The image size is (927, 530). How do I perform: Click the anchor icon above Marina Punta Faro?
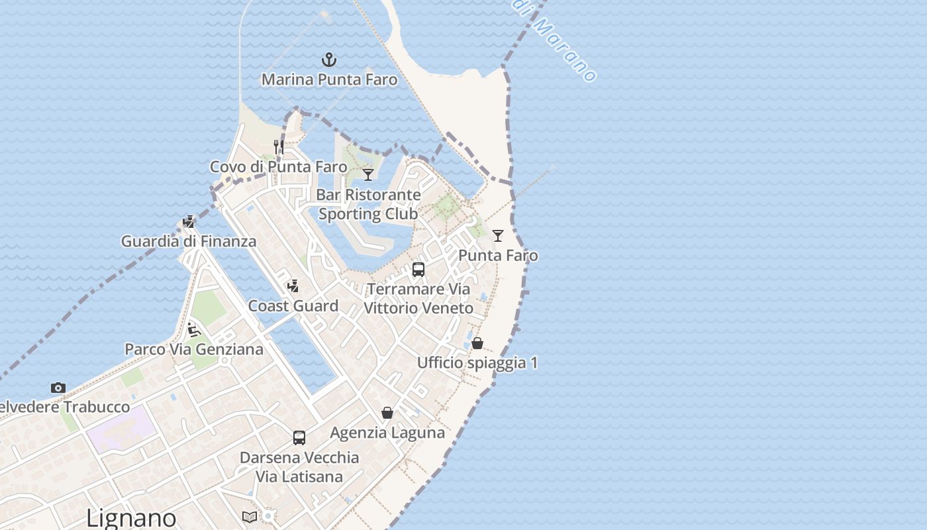[x=329, y=60]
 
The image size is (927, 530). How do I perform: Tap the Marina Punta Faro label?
[x=329, y=79]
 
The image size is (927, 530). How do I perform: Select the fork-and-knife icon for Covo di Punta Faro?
[x=279, y=147]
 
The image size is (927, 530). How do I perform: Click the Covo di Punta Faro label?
[x=278, y=167]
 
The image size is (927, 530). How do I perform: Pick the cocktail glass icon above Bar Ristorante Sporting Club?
[x=368, y=175]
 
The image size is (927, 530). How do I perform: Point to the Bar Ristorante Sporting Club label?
[x=368, y=204]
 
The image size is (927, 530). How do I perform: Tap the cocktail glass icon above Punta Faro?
[x=498, y=236]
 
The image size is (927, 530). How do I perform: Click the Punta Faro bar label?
[x=498, y=256]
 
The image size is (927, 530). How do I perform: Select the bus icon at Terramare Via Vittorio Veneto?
[x=418, y=270]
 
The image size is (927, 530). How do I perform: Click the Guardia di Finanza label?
[x=188, y=241]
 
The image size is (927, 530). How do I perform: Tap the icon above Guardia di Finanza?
[x=189, y=222]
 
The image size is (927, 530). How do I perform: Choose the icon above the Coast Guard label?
[x=293, y=286]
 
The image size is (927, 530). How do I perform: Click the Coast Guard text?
[x=293, y=306]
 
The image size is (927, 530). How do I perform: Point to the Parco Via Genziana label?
[x=194, y=349]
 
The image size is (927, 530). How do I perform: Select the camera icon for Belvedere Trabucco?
[x=58, y=388]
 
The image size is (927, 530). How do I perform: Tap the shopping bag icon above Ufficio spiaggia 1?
[x=477, y=343]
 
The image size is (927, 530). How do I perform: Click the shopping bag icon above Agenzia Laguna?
[x=387, y=413]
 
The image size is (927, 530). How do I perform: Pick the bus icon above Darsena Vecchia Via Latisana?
[x=299, y=438]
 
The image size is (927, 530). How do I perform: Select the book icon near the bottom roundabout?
[x=250, y=517]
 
